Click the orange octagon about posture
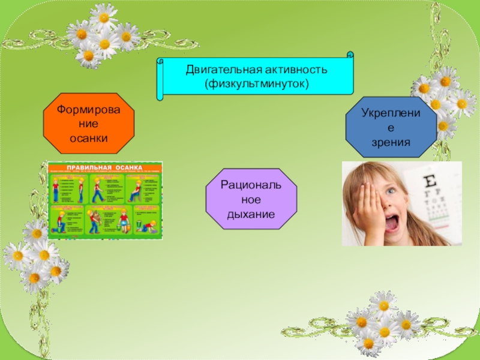[89, 123]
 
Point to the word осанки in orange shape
[89, 138]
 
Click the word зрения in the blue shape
[391, 143]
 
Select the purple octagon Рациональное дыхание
[251, 198]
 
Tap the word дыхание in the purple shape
[251, 214]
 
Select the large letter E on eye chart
[430, 181]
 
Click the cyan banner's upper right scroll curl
[350, 56]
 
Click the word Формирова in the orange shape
[89, 109]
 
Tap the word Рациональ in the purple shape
[251, 184]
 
